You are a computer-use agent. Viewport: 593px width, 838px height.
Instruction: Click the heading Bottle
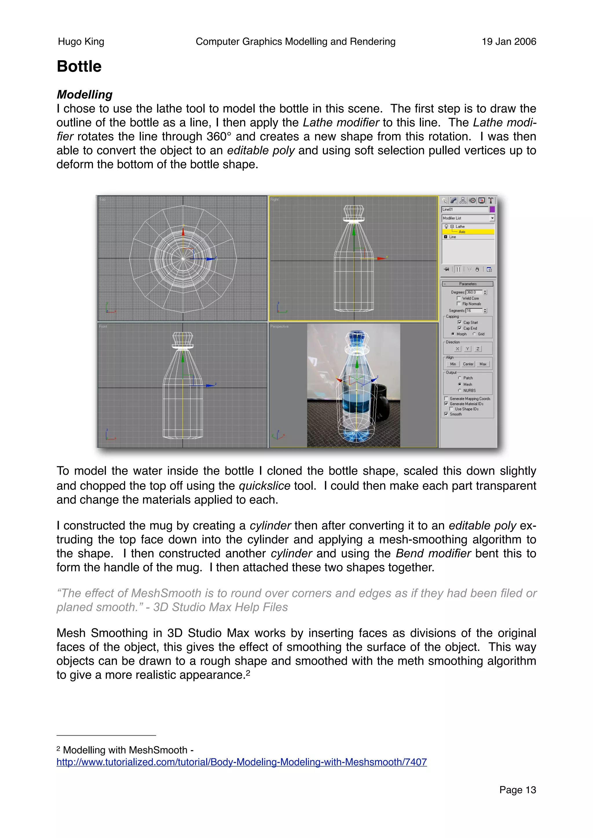(79, 67)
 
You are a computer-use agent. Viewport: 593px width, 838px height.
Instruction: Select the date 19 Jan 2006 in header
(509, 42)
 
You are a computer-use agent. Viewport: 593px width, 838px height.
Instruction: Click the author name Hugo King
(81, 42)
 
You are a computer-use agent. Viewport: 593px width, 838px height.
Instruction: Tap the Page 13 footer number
(517, 789)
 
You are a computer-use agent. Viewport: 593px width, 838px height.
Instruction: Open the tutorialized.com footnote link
(241, 762)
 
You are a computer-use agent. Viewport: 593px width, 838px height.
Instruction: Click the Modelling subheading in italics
(84, 95)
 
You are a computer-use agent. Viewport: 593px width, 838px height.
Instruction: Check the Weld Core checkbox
(459, 298)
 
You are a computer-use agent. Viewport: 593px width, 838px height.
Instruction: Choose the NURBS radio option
(460, 391)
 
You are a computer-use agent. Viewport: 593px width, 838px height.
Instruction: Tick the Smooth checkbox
(446, 414)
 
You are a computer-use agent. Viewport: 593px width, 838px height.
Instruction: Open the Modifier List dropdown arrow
(492, 218)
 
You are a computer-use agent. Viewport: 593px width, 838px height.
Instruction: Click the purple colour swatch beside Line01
(492, 209)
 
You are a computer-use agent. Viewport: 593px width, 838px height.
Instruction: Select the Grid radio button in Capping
(474, 334)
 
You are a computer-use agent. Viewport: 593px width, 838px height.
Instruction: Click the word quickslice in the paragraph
(264, 486)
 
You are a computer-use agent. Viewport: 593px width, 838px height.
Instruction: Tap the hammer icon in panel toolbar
(491, 200)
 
